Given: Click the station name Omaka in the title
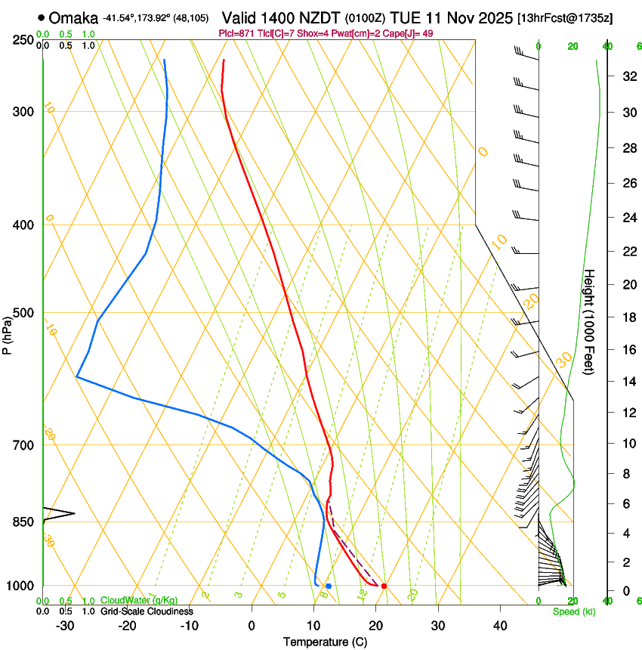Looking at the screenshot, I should pyautogui.click(x=74, y=18).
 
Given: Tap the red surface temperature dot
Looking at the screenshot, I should pyautogui.click(x=384, y=586).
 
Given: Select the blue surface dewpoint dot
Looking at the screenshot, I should pyautogui.click(x=329, y=586).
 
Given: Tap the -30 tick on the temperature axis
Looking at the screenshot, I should pyautogui.click(x=65, y=626).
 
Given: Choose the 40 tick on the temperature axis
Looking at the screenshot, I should pyautogui.click(x=499, y=626).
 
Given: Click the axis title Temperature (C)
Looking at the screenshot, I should pyautogui.click(x=325, y=642).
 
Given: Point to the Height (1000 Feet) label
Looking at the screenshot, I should pyautogui.click(x=590, y=321).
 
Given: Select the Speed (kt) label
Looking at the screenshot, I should pyautogui.click(x=574, y=611).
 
